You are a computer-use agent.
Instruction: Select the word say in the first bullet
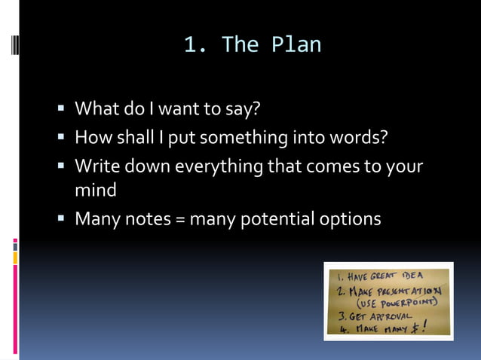(x=245, y=110)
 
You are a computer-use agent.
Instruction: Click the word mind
(x=95, y=191)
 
